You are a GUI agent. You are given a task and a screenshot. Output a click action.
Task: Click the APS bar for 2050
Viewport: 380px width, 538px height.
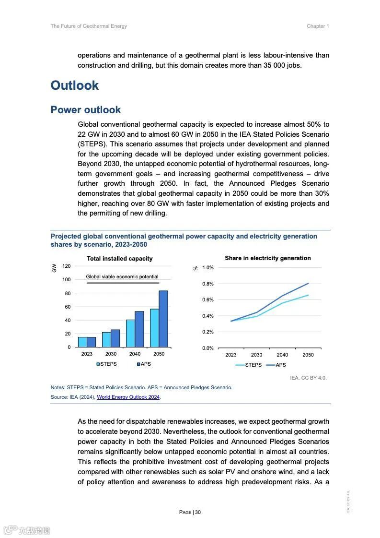coord(163,319)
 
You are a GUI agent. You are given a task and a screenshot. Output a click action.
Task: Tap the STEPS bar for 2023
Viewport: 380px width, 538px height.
coord(82,342)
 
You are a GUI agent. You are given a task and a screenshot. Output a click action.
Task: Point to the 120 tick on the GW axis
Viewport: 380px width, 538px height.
coord(66,266)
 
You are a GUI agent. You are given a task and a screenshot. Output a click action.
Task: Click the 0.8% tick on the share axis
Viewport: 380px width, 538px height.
coord(207,284)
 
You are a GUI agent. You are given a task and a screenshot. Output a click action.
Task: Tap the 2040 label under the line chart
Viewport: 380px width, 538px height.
coord(282,355)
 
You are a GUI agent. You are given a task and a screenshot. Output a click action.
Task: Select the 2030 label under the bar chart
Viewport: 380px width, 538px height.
coord(111,354)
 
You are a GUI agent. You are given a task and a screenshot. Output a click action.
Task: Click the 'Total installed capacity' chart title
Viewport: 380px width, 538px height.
coord(120,259)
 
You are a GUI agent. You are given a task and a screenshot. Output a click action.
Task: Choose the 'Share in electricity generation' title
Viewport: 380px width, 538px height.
coord(268,258)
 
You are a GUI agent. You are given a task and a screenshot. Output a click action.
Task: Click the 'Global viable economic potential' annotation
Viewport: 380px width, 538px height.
coord(122,276)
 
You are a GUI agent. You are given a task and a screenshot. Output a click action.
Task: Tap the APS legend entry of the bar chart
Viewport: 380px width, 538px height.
coord(144,364)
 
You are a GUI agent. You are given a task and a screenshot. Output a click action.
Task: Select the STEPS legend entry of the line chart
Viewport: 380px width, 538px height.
coord(249,365)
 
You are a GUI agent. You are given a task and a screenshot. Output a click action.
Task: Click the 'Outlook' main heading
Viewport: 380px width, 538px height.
coord(75,85)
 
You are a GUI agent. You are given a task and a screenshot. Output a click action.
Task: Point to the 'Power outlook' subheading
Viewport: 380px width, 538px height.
coord(86,110)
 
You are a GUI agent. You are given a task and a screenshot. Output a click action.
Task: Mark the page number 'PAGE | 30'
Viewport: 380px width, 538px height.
coord(190,512)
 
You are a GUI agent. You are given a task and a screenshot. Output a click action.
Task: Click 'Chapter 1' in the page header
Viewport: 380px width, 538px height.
coord(318,26)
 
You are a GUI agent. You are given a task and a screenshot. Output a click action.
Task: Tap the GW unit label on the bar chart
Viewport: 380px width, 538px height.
coord(54,268)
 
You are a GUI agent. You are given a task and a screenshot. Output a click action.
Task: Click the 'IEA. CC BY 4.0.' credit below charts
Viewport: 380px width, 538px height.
coord(308,378)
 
